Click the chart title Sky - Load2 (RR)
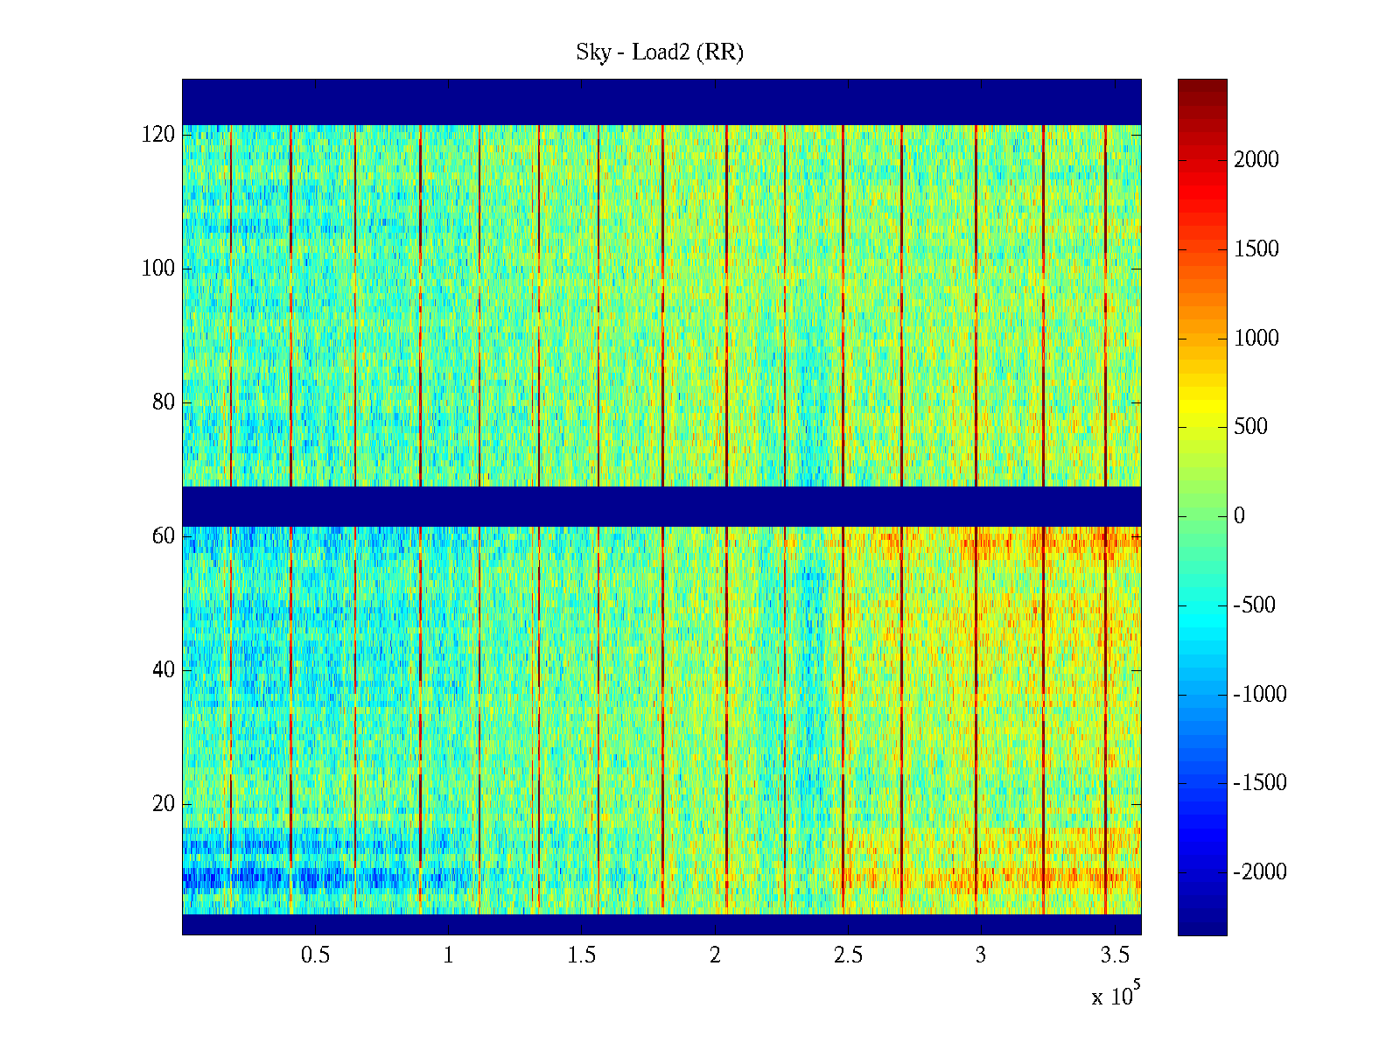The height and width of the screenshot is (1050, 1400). coord(660,52)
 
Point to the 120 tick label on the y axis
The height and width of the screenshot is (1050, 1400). coord(158,135)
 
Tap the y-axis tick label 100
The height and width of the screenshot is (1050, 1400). coord(158,269)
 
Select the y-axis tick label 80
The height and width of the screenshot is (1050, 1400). coord(164,402)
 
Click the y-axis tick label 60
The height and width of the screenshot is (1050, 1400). coord(164,535)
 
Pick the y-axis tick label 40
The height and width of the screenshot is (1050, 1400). coord(164,669)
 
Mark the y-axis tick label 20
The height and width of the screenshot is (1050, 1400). coord(164,803)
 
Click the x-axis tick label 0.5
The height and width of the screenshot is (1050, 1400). coord(316,955)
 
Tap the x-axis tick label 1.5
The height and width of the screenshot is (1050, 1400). coord(582,955)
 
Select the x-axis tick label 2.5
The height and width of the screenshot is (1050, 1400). coord(848,955)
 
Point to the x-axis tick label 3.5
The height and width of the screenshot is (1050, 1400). coord(1115,955)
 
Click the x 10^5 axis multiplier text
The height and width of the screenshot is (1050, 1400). coord(1115,996)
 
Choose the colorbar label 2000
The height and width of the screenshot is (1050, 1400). coord(1256,159)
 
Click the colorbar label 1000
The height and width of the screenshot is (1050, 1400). coord(1256,338)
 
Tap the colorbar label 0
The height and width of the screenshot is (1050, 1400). coord(1239,516)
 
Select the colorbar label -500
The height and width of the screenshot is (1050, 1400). coord(1255,605)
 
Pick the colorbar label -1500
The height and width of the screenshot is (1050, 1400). coord(1260,783)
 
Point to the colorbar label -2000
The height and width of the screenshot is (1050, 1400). coord(1260,872)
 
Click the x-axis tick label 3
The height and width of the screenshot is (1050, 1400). coord(981,955)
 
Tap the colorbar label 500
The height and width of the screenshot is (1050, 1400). coord(1251,427)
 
